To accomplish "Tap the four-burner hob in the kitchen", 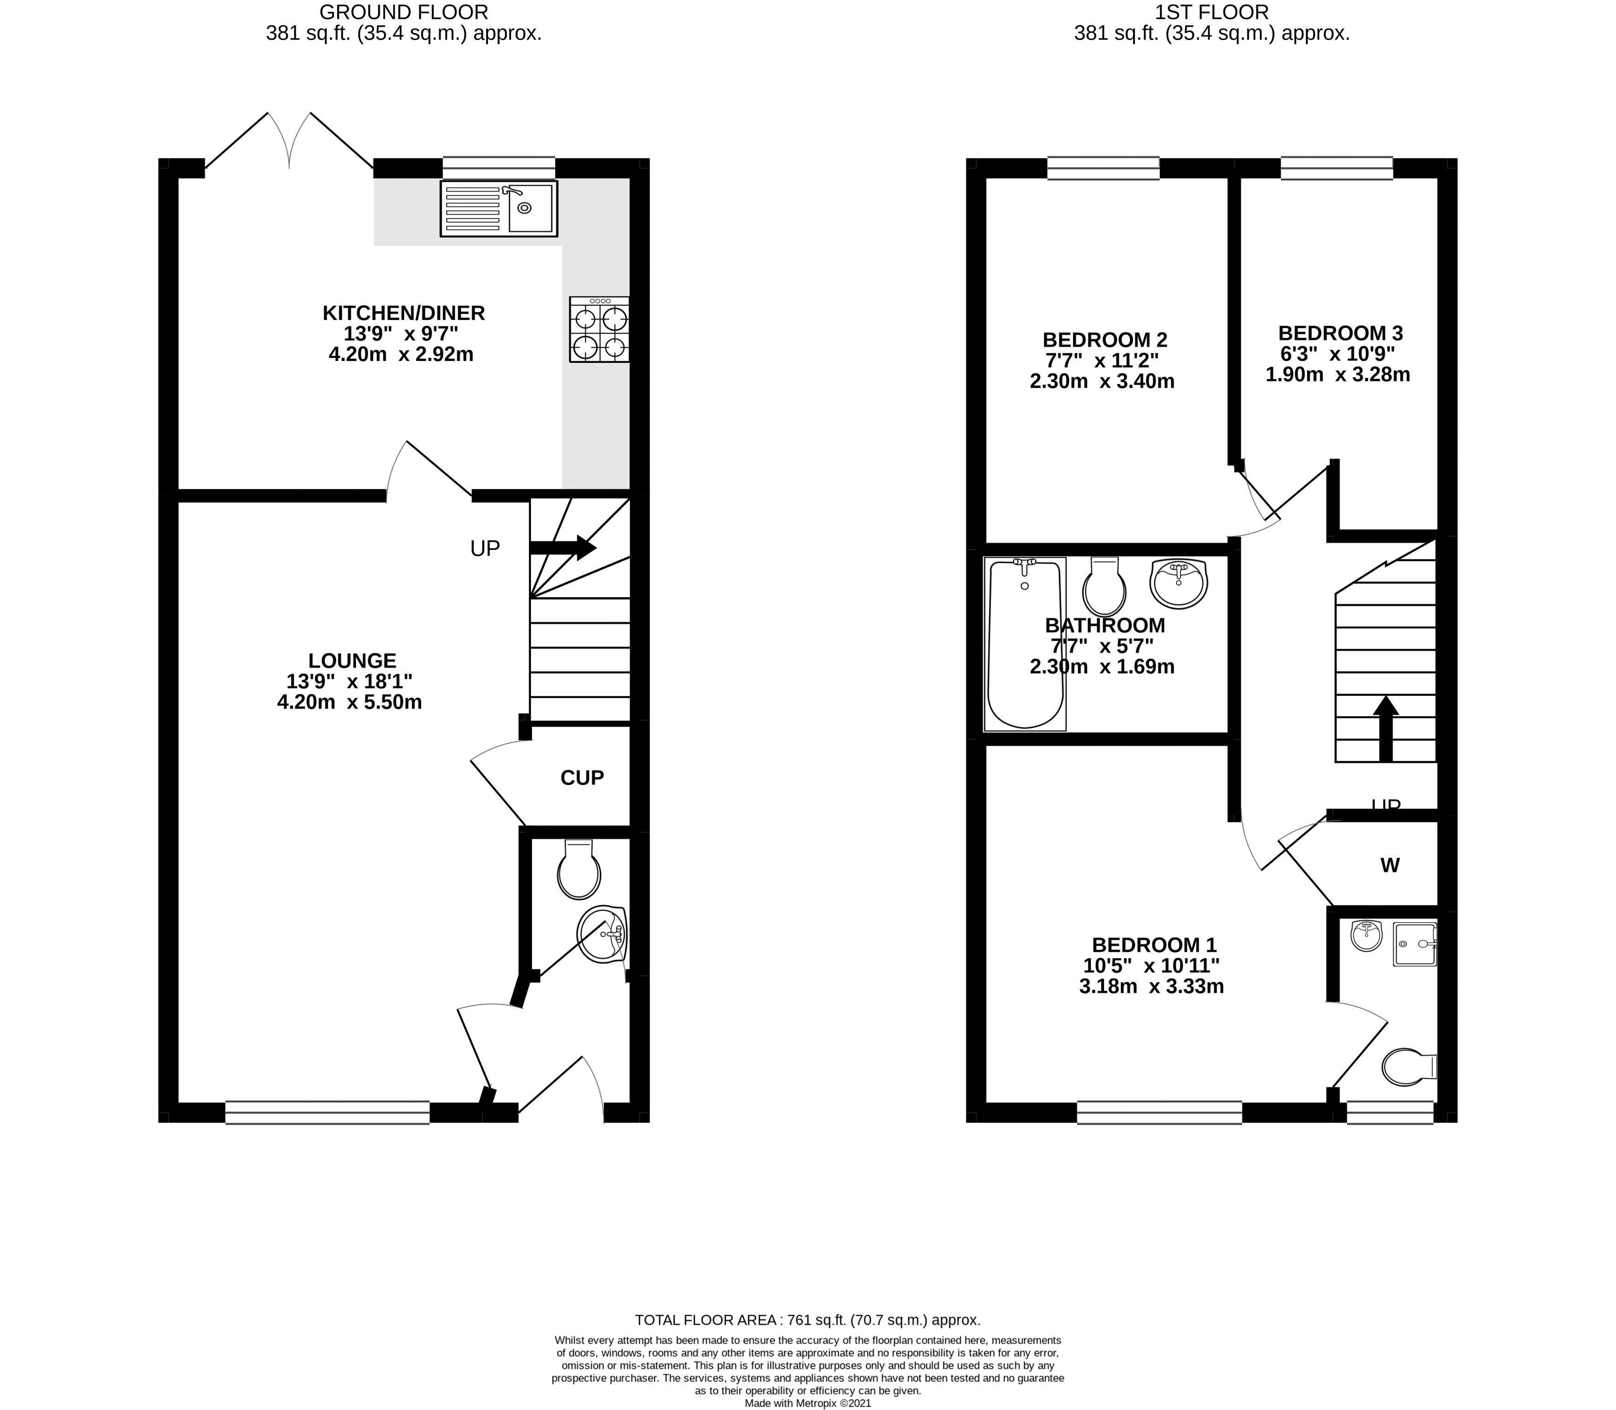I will [x=599, y=329].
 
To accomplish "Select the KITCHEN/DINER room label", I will [x=403, y=313].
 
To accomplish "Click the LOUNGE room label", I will [x=352, y=661].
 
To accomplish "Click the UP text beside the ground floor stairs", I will [x=485, y=548].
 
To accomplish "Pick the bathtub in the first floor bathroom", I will [x=1025, y=644].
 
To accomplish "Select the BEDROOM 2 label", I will [x=1105, y=340].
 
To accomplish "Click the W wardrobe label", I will [x=1390, y=866].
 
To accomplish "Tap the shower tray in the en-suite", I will [x=1415, y=944].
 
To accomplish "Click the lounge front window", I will [x=328, y=1112].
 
